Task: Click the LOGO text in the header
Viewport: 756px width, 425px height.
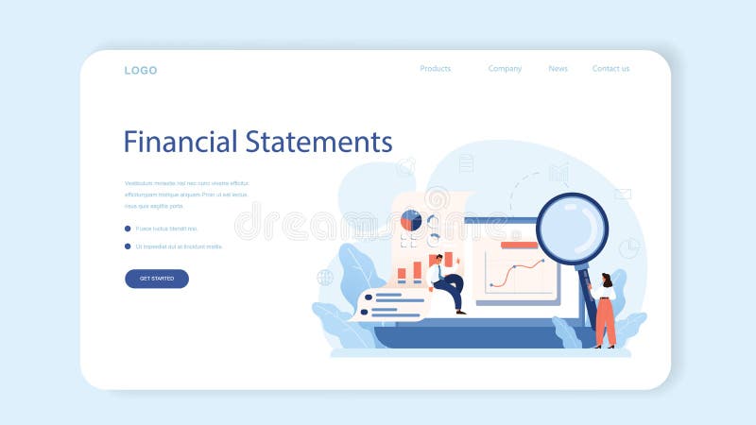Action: click(x=141, y=70)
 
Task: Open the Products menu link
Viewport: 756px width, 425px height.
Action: click(x=435, y=69)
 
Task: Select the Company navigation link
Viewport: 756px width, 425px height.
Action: click(x=505, y=69)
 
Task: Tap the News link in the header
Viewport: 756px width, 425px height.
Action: click(x=558, y=69)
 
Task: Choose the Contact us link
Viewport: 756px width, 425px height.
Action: click(x=610, y=69)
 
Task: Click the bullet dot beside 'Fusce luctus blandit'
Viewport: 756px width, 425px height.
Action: click(x=128, y=229)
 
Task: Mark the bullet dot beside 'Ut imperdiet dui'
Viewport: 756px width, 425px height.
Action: click(x=128, y=246)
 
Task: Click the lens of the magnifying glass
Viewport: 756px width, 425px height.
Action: click(x=572, y=228)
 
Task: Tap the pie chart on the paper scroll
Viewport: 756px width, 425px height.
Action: click(x=411, y=221)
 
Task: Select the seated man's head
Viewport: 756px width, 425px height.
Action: click(x=437, y=260)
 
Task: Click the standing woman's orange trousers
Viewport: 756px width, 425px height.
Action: click(x=605, y=321)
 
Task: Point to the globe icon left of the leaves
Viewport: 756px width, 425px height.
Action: click(x=325, y=278)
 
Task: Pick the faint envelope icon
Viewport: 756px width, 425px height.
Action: click(x=623, y=195)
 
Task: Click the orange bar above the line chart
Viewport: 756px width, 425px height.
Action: click(x=519, y=245)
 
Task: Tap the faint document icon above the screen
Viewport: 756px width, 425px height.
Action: click(x=466, y=163)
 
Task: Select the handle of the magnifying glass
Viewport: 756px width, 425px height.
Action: click(x=589, y=293)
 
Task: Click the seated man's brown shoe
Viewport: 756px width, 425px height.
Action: click(x=460, y=311)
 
